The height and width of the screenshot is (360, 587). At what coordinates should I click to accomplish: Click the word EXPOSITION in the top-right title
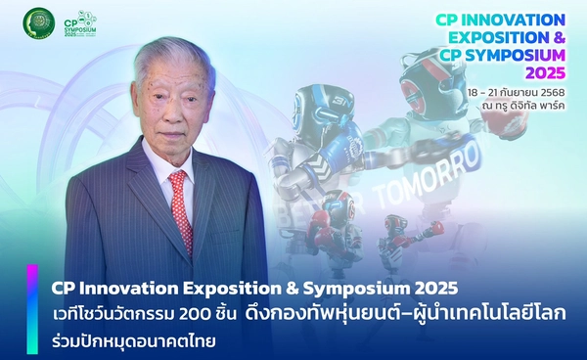pos(502,39)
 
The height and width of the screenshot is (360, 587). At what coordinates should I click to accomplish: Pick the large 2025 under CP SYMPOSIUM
pos(544,75)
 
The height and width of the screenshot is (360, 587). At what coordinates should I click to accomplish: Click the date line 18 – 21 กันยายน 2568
pos(516,92)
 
